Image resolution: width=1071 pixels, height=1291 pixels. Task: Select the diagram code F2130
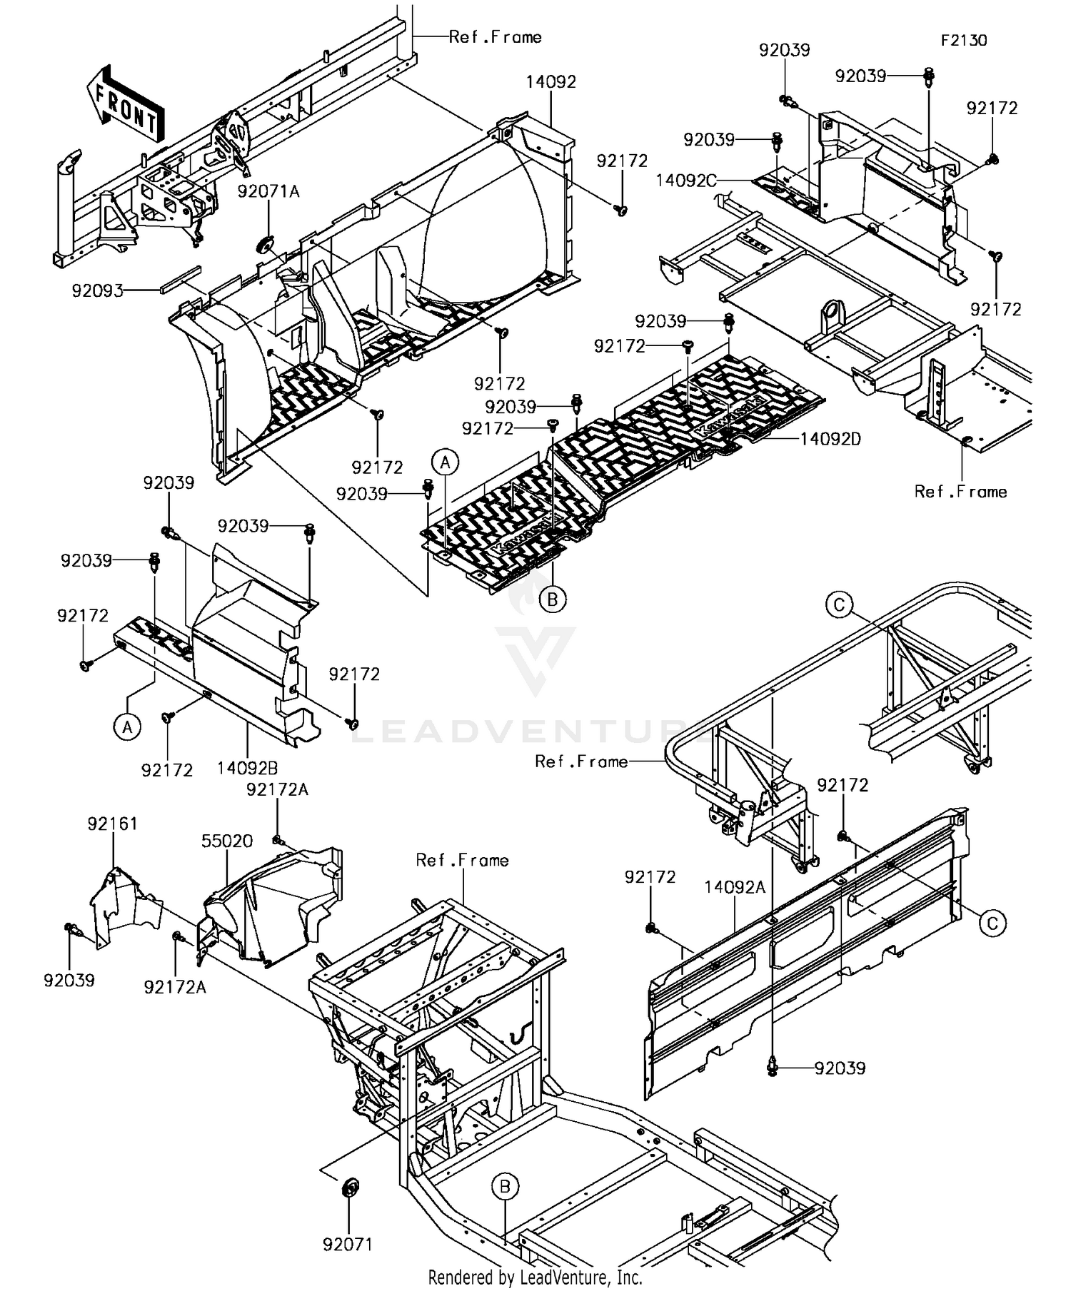tap(963, 41)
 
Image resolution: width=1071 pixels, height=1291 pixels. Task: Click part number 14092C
tap(686, 181)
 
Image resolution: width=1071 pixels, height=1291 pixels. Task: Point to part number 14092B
tap(248, 768)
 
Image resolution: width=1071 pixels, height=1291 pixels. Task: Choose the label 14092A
tap(735, 887)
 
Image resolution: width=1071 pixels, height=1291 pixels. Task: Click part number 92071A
tap(268, 191)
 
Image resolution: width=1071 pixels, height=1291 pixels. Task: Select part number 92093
tap(97, 290)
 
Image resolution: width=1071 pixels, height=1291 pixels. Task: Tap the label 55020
tap(227, 841)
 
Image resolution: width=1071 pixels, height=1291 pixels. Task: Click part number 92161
tap(113, 824)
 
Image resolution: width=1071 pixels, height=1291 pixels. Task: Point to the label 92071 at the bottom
tap(348, 1245)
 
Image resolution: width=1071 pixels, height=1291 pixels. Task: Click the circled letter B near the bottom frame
tap(505, 1187)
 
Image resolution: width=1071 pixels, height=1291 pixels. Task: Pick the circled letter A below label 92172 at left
tap(127, 727)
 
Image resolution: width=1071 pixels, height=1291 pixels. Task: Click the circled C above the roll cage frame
tap(839, 605)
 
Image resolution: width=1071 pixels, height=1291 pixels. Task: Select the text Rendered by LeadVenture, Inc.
tap(535, 1277)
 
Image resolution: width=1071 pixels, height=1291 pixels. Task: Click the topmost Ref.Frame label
tap(495, 37)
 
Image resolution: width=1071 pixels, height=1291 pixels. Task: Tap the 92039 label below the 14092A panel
tap(840, 1068)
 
